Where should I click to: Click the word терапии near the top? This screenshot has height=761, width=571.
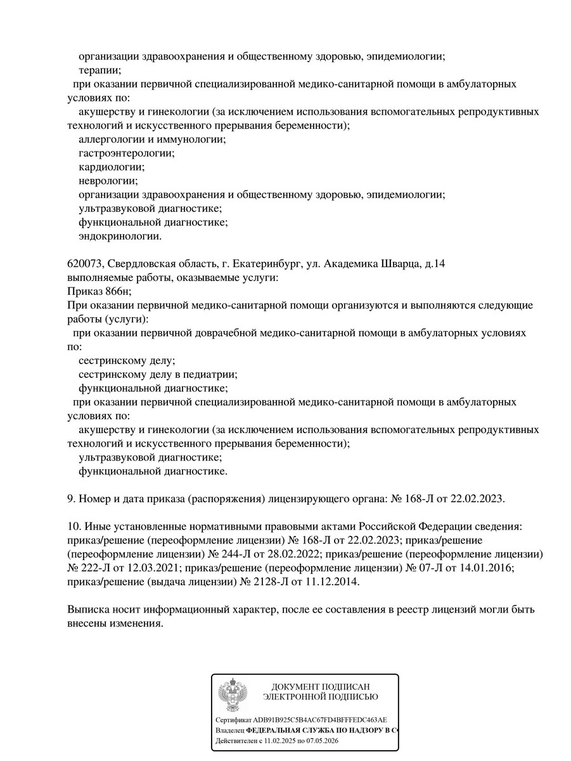(x=99, y=70)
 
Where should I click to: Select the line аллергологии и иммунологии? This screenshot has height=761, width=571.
(x=151, y=140)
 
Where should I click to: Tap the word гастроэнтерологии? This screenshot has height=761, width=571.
(x=126, y=153)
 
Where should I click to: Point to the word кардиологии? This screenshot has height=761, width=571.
(x=112, y=167)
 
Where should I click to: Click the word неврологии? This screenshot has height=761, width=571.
(x=108, y=181)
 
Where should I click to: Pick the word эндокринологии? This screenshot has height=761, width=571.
(x=120, y=237)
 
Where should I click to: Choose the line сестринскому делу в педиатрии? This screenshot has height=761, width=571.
(x=157, y=374)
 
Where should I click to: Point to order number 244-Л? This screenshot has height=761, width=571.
(x=237, y=554)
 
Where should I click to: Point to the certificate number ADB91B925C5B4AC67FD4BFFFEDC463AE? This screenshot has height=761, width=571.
(x=320, y=720)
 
